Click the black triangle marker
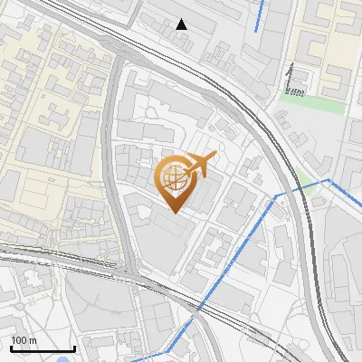click(182, 24)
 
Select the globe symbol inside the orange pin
click(175, 177)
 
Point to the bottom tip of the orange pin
click(175, 214)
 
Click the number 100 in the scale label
click(19, 340)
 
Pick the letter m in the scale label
click(32, 340)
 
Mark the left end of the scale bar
click(12, 348)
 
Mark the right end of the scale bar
click(74, 348)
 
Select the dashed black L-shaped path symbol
click(295, 89)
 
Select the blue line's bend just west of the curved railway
click(277, 195)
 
